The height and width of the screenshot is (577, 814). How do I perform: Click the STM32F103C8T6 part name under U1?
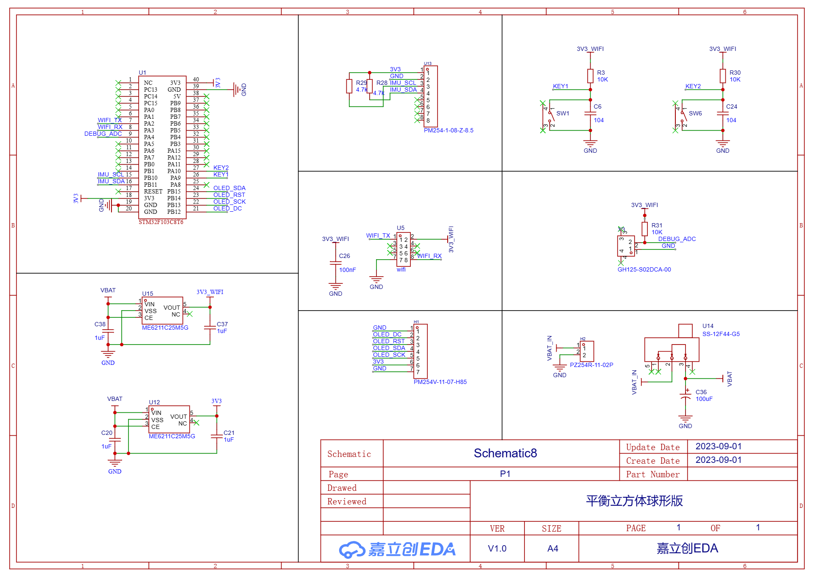click(x=161, y=222)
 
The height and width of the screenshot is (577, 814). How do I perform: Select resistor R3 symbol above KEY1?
click(x=590, y=76)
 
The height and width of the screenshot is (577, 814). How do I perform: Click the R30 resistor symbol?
click(x=723, y=76)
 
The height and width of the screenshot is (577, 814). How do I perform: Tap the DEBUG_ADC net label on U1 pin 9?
click(x=103, y=134)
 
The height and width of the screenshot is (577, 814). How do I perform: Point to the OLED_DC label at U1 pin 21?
click(x=228, y=208)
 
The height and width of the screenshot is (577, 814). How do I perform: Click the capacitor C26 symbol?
click(x=335, y=263)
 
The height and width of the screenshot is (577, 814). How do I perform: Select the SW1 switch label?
click(x=563, y=113)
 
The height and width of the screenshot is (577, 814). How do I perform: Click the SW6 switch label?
click(x=695, y=113)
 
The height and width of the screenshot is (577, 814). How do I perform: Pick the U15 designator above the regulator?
click(x=148, y=294)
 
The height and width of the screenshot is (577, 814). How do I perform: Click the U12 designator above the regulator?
click(x=154, y=402)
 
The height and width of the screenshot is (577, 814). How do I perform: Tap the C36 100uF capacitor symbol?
click(x=686, y=397)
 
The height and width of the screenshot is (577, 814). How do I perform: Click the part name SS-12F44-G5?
click(x=721, y=334)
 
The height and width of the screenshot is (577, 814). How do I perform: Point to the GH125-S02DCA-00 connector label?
click(x=644, y=269)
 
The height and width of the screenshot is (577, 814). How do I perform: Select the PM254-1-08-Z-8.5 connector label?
click(x=449, y=130)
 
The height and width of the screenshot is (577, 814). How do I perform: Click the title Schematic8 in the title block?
click(x=505, y=453)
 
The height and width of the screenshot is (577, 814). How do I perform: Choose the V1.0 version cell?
click(x=497, y=549)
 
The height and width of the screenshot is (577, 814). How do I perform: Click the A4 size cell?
click(x=553, y=549)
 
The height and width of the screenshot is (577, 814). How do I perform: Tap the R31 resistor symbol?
click(x=645, y=229)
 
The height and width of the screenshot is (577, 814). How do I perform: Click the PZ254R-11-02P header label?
click(x=591, y=365)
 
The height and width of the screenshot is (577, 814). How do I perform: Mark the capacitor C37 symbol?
click(x=210, y=327)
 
